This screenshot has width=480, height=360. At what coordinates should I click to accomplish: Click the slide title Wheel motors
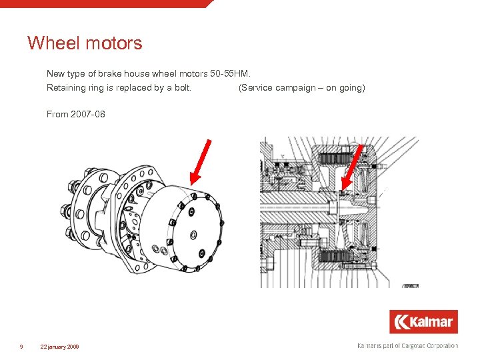click(85, 44)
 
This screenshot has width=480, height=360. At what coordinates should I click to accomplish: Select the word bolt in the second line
click(181, 88)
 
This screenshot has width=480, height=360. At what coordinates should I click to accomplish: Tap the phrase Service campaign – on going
click(301, 88)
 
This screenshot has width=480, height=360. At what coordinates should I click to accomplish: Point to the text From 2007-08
click(75, 114)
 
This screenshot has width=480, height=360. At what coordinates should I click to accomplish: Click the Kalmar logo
click(423, 322)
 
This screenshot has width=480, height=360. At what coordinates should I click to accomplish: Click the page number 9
click(22, 347)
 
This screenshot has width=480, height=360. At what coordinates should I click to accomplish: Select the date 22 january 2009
click(59, 347)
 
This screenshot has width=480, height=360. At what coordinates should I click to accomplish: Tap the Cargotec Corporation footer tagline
click(408, 346)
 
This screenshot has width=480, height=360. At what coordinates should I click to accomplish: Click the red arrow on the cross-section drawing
click(353, 167)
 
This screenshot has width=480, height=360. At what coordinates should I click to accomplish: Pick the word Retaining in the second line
click(65, 88)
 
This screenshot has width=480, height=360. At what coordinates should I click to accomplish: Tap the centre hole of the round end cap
click(193, 234)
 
